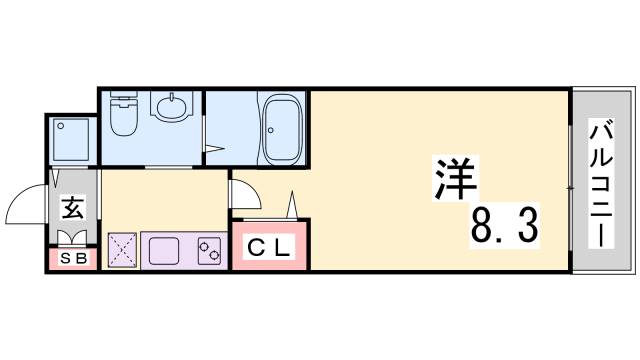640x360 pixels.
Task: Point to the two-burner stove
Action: [210, 249]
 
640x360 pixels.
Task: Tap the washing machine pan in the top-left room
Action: [73, 140]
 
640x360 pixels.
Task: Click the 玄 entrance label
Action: [74, 210]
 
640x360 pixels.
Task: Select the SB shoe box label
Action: [73, 258]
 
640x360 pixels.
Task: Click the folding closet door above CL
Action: [292, 205]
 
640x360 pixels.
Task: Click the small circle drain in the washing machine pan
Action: [62, 126]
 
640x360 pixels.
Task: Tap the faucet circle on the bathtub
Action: [275, 105]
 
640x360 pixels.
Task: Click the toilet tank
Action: [124, 101]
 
